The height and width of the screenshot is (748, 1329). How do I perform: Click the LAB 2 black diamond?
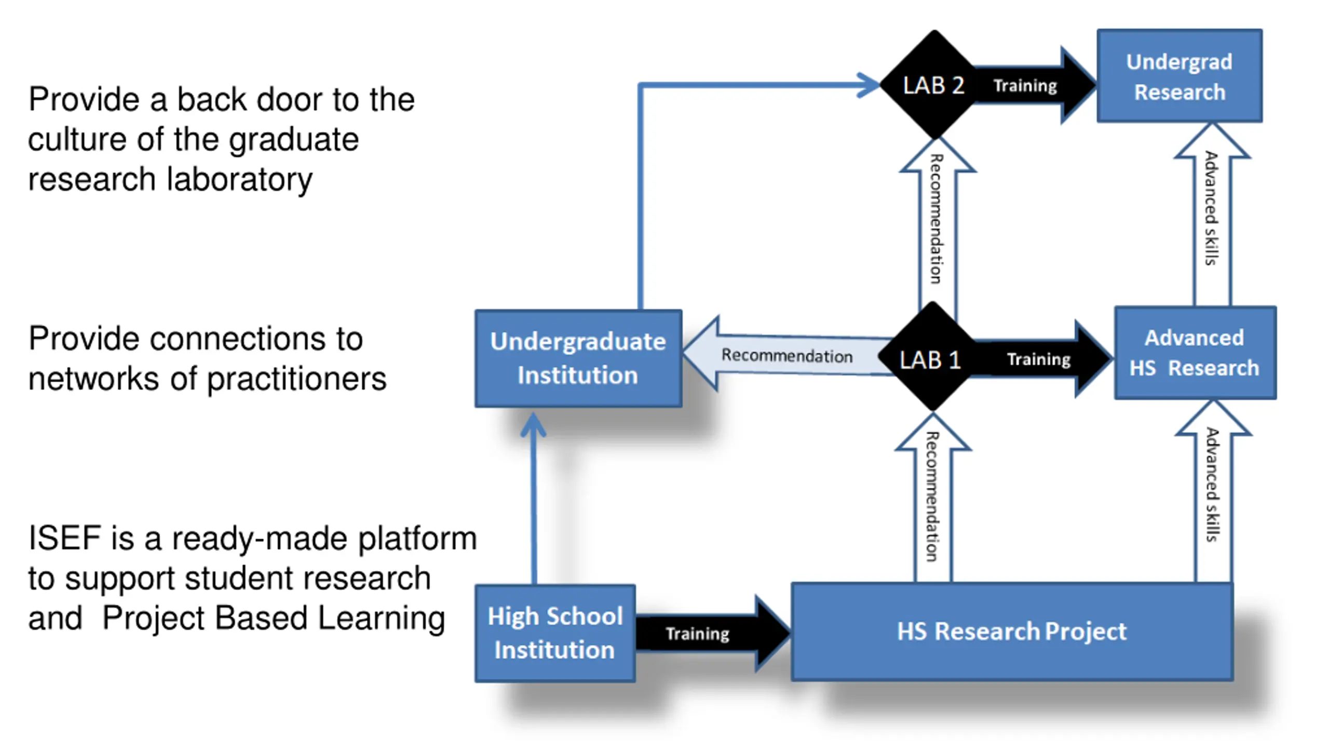(x=934, y=85)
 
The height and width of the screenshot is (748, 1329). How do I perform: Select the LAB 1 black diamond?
(x=932, y=357)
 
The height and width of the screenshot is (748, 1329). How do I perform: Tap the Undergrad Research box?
(x=1179, y=76)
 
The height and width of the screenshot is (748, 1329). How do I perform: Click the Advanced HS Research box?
(x=1195, y=353)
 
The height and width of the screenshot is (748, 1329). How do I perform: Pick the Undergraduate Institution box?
(x=578, y=358)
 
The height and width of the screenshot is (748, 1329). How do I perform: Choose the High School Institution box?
(x=555, y=633)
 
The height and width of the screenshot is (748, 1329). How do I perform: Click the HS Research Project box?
(x=1012, y=632)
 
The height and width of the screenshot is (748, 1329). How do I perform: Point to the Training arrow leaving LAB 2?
(x=1033, y=85)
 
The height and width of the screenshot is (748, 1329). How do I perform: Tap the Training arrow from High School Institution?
(x=712, y=633)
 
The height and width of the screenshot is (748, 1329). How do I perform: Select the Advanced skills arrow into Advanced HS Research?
(x=1213, y=491)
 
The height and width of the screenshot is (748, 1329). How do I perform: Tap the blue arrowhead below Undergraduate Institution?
(x=533, y=425)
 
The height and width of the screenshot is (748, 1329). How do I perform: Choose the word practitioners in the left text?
(x=296, y=379)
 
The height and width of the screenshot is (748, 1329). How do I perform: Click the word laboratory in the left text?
(x=240, y=180)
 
